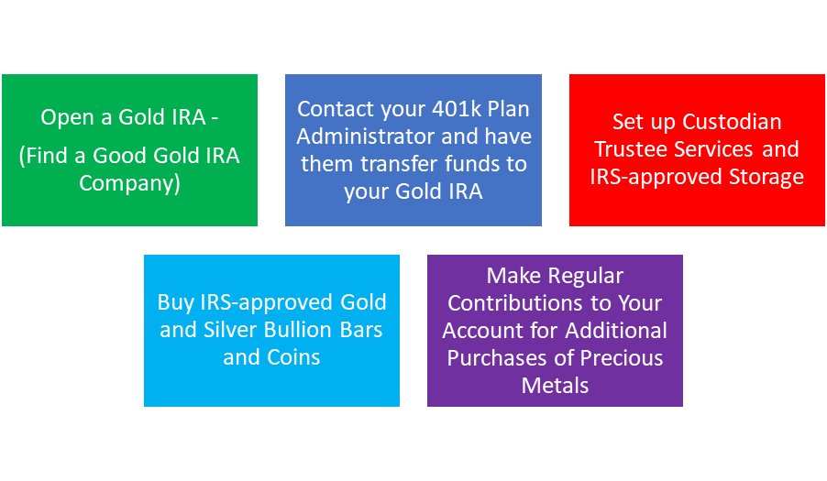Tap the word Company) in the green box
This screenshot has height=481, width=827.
130,183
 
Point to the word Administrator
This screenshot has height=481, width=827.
366,137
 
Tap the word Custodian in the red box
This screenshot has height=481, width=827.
732,122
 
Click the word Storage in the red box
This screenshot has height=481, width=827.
766,177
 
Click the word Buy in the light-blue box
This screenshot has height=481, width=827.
176,303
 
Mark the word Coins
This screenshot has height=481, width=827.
293,357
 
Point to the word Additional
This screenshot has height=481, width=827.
616,331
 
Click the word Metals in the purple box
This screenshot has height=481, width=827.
555,385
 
